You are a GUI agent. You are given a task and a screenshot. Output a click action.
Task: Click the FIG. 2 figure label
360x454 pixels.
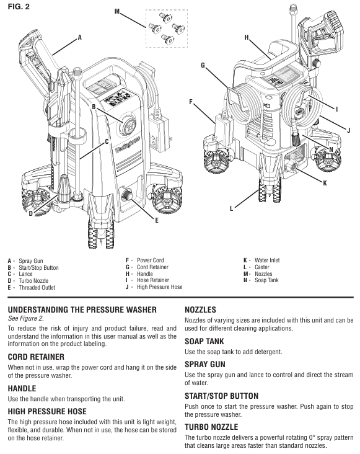click(19, 6)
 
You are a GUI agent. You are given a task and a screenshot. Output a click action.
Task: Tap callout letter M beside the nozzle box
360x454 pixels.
click(117, 11)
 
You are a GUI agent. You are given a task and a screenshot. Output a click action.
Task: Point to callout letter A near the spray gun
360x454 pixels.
click(80, 37)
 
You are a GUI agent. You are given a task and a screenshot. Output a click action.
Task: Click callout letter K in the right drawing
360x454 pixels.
click(325, 183)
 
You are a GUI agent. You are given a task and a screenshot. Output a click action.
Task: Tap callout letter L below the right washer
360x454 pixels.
click(231, 208)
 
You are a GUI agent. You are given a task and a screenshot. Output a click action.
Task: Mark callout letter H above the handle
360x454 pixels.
click(247, 37)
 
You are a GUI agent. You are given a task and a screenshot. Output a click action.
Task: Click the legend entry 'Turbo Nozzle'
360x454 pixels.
click(33, 280)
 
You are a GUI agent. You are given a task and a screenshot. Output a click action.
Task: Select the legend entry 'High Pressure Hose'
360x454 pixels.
click(160, 287)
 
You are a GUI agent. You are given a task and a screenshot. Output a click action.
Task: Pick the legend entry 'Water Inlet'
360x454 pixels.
click(267, 260)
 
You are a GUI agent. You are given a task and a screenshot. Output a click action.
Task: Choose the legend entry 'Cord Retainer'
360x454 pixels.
click(152, 267)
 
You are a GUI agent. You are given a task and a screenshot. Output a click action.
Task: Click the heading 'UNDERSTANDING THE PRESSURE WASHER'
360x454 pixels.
click(82, 310)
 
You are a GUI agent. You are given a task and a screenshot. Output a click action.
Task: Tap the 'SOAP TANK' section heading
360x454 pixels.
click(204, 341)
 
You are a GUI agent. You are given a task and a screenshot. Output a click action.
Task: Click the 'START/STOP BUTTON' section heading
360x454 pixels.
click(222, 396)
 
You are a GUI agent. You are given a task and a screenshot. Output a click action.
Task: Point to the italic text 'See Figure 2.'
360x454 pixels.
click(26, 319)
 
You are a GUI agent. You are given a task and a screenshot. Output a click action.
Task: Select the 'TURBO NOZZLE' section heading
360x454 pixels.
click(211, 427)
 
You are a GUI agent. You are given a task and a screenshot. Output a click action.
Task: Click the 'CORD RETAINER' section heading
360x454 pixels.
click(36, 357)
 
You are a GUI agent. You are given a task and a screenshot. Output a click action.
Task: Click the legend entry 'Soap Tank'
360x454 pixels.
click(266, 280)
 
